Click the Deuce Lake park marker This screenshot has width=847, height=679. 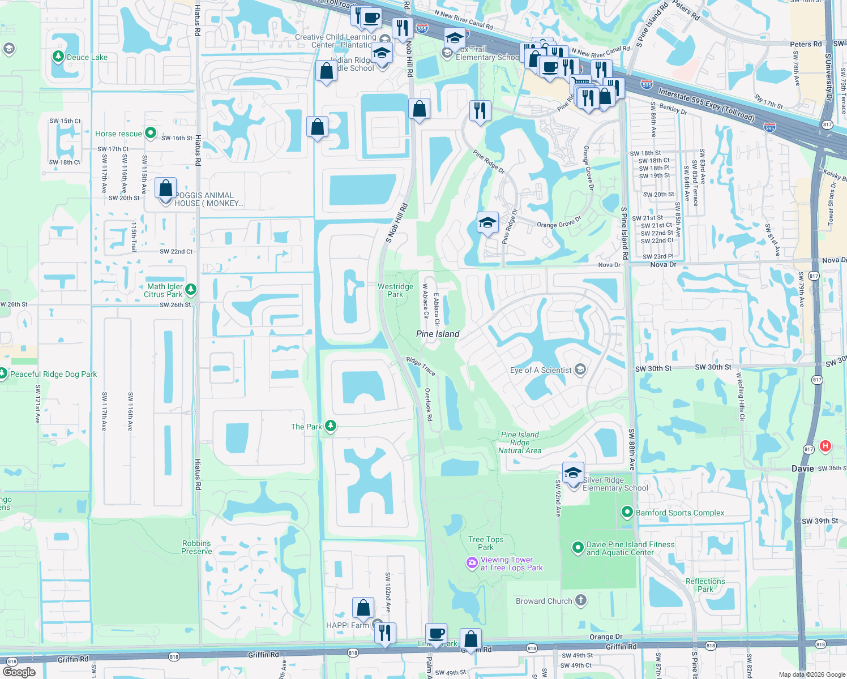58,57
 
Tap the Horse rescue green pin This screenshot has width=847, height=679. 151,133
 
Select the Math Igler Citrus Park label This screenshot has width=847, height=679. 163,290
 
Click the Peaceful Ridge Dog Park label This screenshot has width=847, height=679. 53,374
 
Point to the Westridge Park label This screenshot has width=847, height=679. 395,290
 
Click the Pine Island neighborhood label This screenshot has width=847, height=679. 438,334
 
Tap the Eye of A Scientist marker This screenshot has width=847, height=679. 580,370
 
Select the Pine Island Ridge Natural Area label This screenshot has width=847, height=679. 520,442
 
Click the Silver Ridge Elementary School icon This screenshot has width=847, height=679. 573,473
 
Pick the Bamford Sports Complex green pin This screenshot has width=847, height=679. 627,512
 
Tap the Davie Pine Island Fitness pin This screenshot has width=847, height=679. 577,547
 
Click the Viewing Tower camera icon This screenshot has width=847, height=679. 472,563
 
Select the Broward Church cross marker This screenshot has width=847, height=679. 581,600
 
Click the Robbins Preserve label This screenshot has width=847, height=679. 196,547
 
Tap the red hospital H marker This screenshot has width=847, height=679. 825,446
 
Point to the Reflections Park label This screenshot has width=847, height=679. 705,585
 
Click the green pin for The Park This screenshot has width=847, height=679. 330,426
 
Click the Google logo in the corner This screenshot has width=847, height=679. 19,672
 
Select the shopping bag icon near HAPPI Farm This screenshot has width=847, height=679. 363,608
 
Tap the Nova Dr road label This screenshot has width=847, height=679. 663,264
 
